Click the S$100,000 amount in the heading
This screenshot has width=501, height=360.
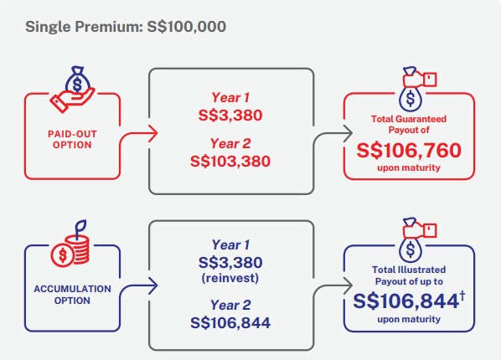(187, 27)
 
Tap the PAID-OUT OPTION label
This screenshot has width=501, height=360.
(72, 139)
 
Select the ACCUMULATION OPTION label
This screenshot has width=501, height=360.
(72, 295)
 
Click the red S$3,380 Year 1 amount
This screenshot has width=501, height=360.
(230, 115)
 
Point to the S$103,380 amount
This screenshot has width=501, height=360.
(230, 161)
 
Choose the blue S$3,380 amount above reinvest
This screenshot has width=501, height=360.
(230, 263)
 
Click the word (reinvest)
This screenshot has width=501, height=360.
(230, 278)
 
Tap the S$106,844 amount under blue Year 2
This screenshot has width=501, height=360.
(230, 322)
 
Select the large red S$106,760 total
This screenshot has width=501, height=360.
(409, 150)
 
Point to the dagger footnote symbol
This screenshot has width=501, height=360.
(462, 296)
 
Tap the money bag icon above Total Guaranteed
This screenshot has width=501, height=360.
(416, 89)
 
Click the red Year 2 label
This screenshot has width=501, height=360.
(230, 144)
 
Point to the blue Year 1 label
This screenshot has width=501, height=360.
(230, 245)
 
